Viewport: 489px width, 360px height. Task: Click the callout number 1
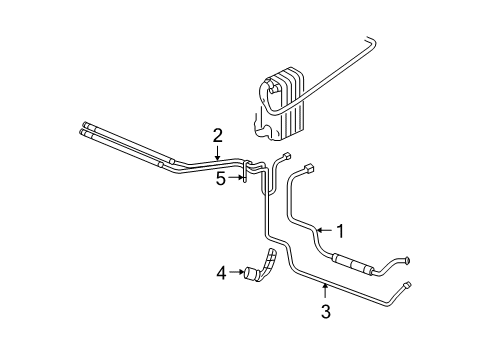click(340, 231)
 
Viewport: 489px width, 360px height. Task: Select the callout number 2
click(217, 135)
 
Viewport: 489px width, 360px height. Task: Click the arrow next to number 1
click(322, 231)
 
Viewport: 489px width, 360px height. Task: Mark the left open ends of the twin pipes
click(80, 128)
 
